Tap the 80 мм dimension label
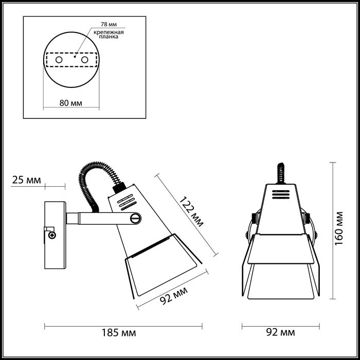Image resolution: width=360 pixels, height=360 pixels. (x=70, y=102)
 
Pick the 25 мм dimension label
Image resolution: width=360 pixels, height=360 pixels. (x=26, y=180)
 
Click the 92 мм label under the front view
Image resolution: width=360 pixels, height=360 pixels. (x=281, y=332)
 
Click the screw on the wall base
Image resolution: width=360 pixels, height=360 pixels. (x=52, y=235)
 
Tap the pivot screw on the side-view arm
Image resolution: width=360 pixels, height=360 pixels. (x=136, y=218)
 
